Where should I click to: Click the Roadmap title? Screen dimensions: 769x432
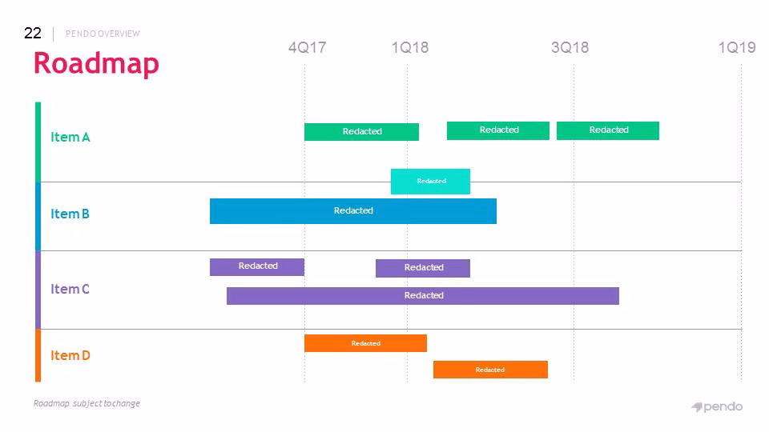[x=96, y=64]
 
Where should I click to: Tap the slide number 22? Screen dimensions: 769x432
[x=32, y=33]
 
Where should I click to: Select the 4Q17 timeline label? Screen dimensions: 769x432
[x=307, y=47]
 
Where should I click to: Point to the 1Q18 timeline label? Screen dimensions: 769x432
[x=410, y=47]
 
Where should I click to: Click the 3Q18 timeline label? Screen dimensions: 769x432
[x=570, y=47]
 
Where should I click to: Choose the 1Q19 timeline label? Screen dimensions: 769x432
[x=737, y=47]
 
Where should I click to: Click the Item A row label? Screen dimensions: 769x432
[x=70, y=137]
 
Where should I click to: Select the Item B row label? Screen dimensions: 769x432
[x=70, y=214]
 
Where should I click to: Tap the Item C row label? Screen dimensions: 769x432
[x=70, y=289]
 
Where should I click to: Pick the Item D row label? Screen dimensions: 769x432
[x=70, y=355]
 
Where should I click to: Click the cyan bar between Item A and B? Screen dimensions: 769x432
[x=431, y=182]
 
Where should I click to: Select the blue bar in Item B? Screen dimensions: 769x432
[x=353, y=211]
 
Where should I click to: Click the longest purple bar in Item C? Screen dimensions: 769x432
[x=423, y=296]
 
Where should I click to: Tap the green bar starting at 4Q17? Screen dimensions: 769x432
[x=361, y=132]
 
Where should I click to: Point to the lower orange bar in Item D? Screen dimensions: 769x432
[x=490, y=370]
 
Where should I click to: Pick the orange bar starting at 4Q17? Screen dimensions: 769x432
[x=365, y=343]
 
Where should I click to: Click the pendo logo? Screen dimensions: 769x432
[x=717, y=407]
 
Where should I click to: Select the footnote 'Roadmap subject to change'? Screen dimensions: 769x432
[x=87, y=403]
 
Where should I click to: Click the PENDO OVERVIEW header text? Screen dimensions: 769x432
[x=103, y=34]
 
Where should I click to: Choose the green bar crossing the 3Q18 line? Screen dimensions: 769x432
[x=608, y=130]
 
